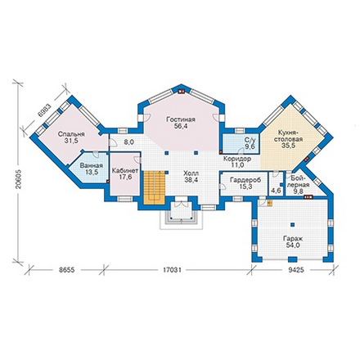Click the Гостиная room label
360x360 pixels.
coord(181,119)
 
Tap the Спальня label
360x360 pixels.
coord(71,134)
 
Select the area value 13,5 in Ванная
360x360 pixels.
coord(92,172)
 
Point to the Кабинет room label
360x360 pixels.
coord(125,171)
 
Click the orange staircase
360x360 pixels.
coord(155,187)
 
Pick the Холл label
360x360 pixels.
coord(191,173)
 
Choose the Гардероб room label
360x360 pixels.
coord(245,180)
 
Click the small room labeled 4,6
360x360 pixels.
coord(277,190)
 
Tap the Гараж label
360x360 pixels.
coord(293,238)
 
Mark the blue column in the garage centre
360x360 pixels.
coord(293,225)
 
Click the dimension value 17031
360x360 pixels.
coord(172,270)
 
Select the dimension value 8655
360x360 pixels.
coord(67,270)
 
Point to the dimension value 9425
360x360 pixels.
coord(296,270)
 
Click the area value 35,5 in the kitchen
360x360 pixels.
coord(289,146)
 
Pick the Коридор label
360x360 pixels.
coord(237,159)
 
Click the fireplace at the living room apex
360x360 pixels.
coord(181,92)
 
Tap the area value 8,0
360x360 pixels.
coord(128,142)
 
